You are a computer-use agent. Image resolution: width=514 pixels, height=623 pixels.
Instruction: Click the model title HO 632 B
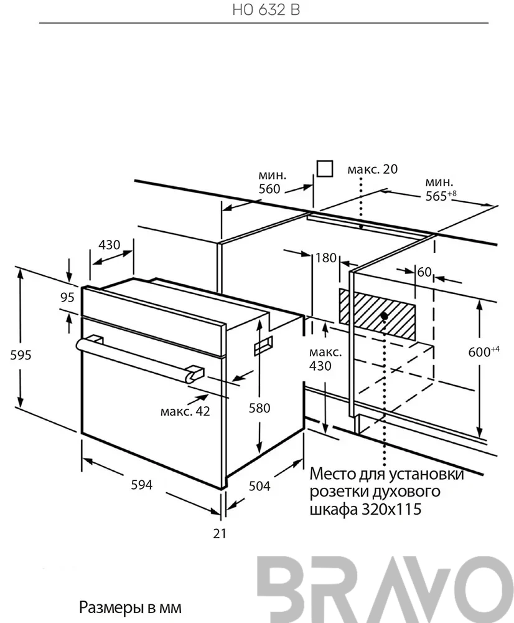[x=266, y=10]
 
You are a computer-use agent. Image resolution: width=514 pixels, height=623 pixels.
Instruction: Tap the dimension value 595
[x=21, y=355]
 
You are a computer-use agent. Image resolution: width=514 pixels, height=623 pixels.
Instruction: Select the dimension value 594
[x=142, y=485]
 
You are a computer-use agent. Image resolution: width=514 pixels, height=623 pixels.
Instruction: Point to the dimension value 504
[x=259, y=486]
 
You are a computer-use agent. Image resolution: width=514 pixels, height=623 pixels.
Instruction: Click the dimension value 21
[x=220, y=534]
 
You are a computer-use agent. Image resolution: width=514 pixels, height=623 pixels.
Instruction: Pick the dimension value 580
[x=259, y=408]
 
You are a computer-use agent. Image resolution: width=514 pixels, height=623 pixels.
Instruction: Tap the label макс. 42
[x=185, y=411]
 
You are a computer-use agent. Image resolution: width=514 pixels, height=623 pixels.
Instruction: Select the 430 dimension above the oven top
[x=109, y=244]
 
